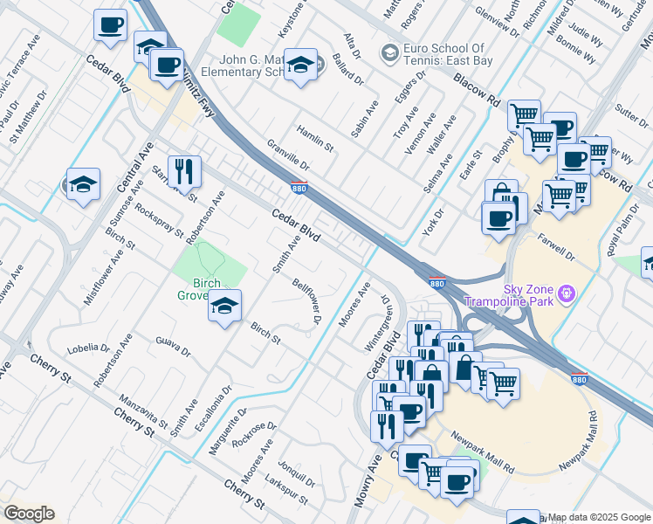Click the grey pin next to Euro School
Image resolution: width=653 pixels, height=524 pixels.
click(389, 53)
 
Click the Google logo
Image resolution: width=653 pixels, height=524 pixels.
click(28, 514)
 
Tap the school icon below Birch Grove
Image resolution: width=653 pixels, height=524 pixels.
click(224, 306)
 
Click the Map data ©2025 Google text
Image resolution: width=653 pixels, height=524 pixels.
click(599, 516)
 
